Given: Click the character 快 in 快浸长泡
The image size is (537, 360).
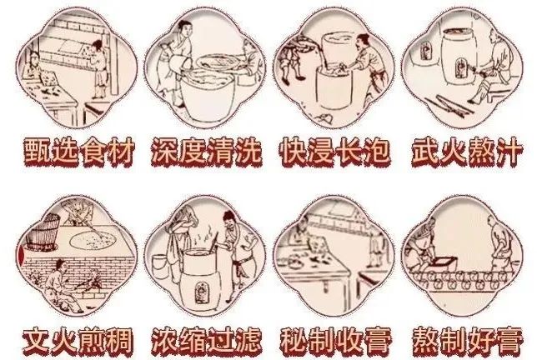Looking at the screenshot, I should (x=294, y=152).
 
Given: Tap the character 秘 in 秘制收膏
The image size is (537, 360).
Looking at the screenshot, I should (x=294, y=340).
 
